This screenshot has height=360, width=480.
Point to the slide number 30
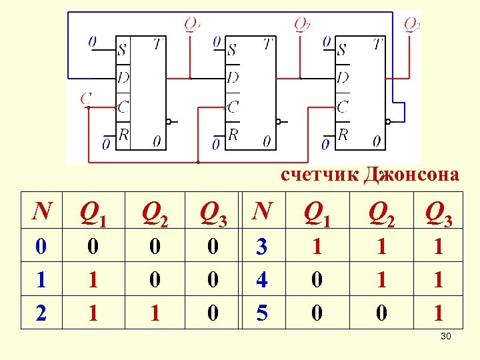point(446,336)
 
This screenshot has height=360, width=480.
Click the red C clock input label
point(86,99)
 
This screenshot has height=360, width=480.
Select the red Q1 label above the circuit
point(192,25)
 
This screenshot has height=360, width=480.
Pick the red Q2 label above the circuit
point(302,25)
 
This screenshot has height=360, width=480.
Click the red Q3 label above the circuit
point(412,25)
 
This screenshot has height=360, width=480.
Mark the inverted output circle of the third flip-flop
point(389,122)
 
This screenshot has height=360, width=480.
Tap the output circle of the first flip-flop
point(169,122)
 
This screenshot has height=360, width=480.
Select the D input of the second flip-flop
point(233,77)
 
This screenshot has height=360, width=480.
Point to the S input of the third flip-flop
point(342,49)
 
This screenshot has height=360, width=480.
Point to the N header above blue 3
point(263,211)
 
